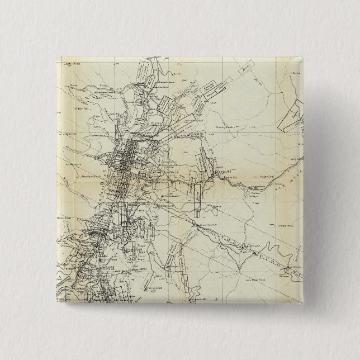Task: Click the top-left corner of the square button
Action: pyautogui.click(x=58, y=58)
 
